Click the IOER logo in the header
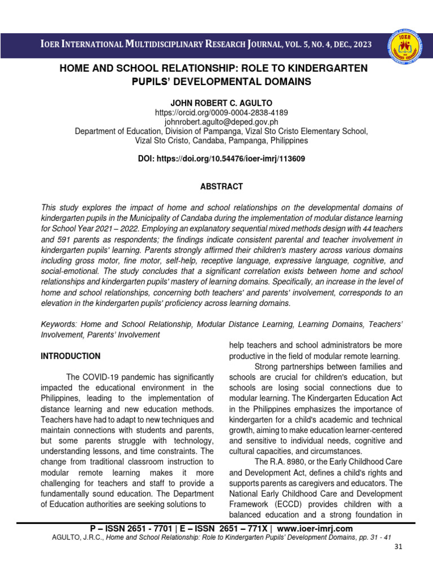coord(403,45)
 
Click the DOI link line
coord(222,159)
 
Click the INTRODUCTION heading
coord(70,356)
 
